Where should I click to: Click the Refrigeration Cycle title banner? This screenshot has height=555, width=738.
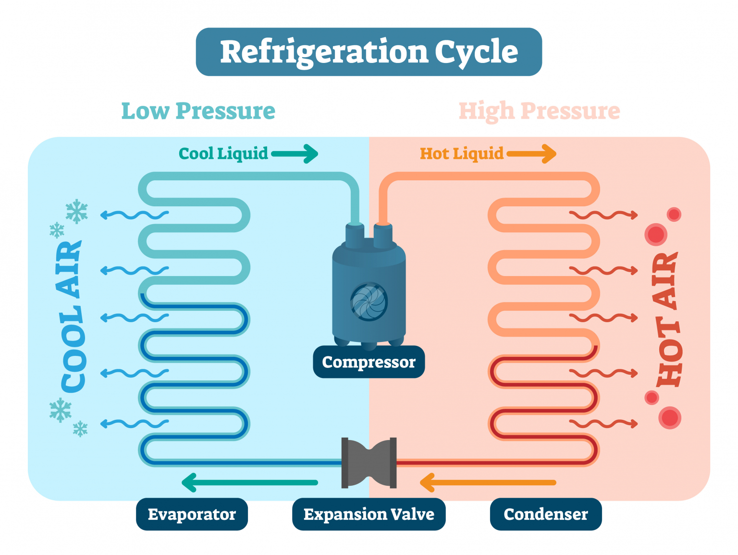click(x=369, y=52)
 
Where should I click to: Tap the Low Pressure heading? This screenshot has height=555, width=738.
click(x=198, y=111)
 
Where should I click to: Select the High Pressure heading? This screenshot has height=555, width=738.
click(x=539, y=111)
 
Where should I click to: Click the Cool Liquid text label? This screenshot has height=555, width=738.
click(x=223, y=154)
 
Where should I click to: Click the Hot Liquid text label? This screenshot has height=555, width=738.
click(x=461, y=154)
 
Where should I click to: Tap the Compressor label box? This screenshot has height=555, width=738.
click(x=369, y=362)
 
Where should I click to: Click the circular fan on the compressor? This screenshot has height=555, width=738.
click(x=369, y=302)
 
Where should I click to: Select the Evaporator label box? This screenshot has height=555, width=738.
click(x=192, y=514)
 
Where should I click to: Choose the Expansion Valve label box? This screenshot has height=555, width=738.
click(x=369, y=514)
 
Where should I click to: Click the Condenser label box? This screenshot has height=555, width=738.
click(x=545, y=514)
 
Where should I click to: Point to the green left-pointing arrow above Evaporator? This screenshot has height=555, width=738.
click(x=250, y=482)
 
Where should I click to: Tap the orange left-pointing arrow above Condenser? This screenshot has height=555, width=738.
click(x=488, y=482)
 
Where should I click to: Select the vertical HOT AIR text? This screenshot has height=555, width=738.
click(x=667, y=320)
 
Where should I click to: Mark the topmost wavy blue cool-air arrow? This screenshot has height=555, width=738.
click(x=134, y=214)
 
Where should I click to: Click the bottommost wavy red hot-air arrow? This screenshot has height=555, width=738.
click(x=603, y=424)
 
